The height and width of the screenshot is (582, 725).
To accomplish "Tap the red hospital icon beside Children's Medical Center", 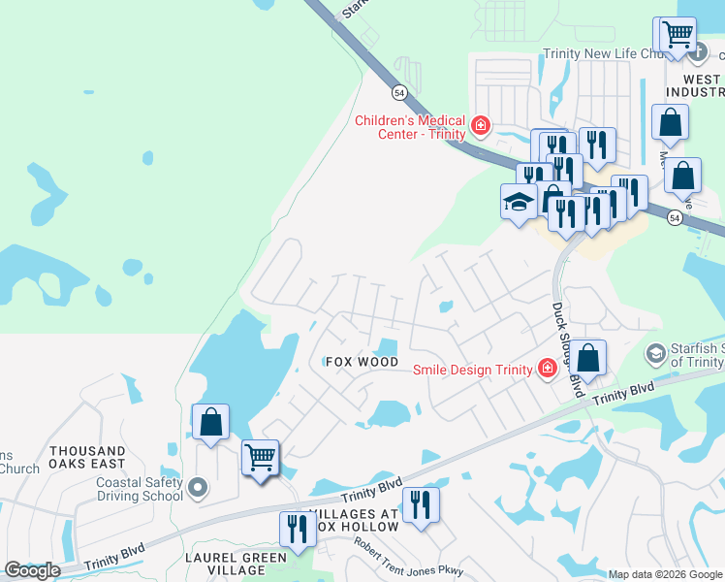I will [480, 126].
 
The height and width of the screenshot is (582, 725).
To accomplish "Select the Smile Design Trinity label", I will [473, 370].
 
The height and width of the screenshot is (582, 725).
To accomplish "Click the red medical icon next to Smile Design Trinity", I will [547, 369].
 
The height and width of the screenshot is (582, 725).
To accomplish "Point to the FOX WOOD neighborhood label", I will [362, 362].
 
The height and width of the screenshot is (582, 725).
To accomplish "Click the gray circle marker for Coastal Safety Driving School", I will [198, 488].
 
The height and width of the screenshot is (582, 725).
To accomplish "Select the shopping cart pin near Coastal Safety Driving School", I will [260, 457].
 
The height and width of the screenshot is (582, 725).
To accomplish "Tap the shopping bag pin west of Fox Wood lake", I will [210, 422].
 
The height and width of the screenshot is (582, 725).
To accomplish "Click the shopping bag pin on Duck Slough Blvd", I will [587, 358].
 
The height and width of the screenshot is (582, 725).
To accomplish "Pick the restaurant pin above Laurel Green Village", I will [297, 529].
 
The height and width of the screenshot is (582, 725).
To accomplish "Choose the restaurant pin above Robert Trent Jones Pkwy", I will [421, 504].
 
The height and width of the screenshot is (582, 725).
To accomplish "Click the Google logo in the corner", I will [33, 570].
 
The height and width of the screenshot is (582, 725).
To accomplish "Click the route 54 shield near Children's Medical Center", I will [399, 92].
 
